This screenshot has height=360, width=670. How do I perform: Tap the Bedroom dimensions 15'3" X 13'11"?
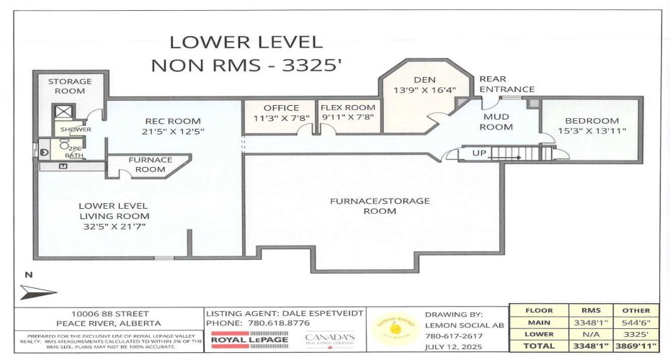[x=591, y=131]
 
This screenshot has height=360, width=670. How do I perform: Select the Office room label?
[x=281, y=108]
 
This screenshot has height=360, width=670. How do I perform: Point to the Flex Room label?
[x=349, y=108]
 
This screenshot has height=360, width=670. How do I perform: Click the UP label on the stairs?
[x=479, y=153]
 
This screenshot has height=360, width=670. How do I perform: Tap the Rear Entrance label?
[x=507, y=84]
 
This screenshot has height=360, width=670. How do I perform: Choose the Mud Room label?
[x=497, y=122]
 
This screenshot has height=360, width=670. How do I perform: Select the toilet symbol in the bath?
[x=46, y=152]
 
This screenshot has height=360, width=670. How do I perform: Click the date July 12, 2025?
[x=449, y=346]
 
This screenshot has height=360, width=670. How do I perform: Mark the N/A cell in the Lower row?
[x=581, y=334]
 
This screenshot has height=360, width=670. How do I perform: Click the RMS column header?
[x=581, y=310]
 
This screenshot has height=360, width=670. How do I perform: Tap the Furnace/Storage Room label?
[x=380, y=205]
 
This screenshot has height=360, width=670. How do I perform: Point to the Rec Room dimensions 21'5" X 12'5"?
[x=173, y=131]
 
